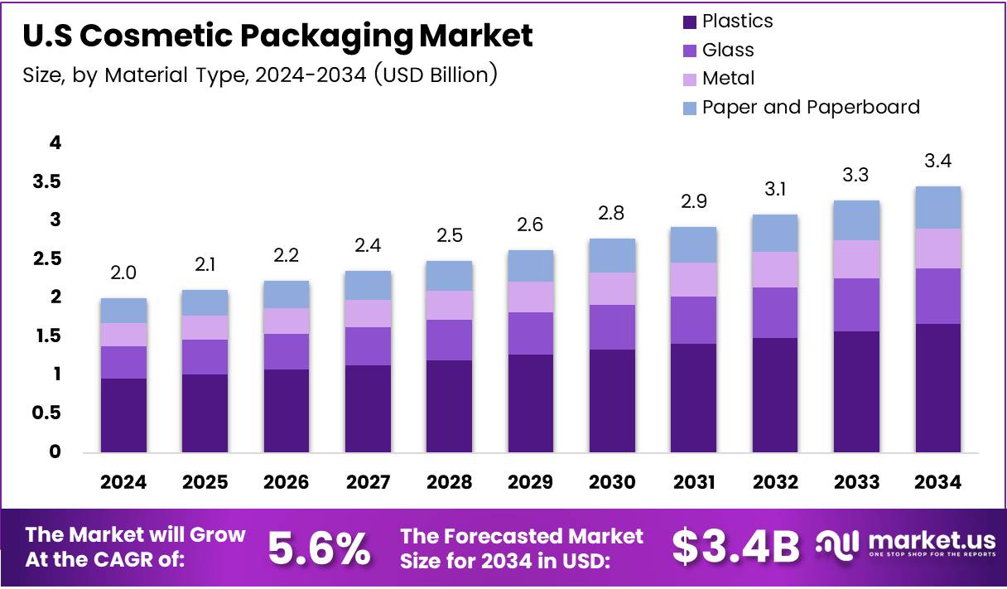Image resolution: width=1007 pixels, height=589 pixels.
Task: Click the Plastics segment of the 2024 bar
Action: (x=123, y=415)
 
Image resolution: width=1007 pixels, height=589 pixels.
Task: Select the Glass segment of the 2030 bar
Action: (x=612, y=327)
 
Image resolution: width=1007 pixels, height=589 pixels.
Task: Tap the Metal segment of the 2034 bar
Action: (x=937, y=249)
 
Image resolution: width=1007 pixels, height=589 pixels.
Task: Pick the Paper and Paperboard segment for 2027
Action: (x=368, y=285)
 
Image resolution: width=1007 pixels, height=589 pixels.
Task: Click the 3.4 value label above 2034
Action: (x=937, y=161)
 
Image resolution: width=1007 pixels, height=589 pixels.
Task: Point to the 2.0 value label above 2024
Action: (x=123, y=273)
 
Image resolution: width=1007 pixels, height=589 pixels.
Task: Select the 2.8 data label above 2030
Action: (x=612, y=213)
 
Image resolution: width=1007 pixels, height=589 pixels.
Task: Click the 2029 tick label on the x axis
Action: (x=531, y=482)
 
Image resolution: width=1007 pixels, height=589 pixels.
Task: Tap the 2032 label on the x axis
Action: (x=775, y=482)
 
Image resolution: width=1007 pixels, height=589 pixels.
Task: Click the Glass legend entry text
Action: (x=728, y=50)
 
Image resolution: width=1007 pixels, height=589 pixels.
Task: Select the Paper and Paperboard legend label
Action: (x=811, y=107)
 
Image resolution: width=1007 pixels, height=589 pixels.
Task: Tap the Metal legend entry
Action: (x=728, y=78)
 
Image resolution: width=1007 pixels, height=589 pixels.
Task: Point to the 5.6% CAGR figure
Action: (x=319, y=548)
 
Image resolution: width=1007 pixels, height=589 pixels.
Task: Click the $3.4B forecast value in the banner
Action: (x=735, y=548)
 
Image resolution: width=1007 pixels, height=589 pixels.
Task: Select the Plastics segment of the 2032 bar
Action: (x=775, y=394)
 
